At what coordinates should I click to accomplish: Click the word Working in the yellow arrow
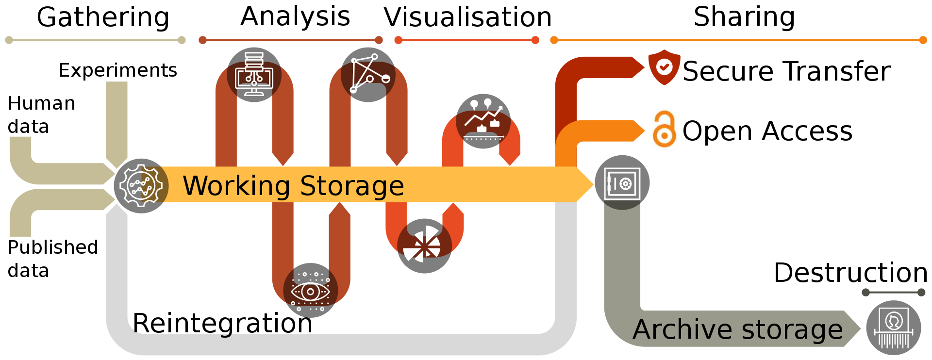(x=236, y=186)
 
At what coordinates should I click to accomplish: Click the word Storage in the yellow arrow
(x=352, y=186)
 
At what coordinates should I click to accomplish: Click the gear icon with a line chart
(x=141, y=186)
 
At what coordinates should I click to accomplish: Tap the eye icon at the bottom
(x=311, y=292)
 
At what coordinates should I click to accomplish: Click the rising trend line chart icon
(x=483, y=119)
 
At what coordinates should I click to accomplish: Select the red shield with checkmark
(x=664, y=67)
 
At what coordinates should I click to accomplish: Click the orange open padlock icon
(x=664, y=129)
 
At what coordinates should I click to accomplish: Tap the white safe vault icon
(x=622, y=184)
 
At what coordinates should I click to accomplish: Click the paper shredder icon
(x=894, y=328)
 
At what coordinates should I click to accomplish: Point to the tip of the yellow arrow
(x=593, y=184)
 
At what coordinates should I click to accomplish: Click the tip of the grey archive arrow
(x=860, y=329)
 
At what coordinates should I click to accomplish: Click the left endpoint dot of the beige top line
(x=9, y=40)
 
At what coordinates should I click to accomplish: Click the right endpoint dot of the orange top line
(x=923, y=40)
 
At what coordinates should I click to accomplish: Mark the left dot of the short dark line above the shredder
(x=865, y=292)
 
